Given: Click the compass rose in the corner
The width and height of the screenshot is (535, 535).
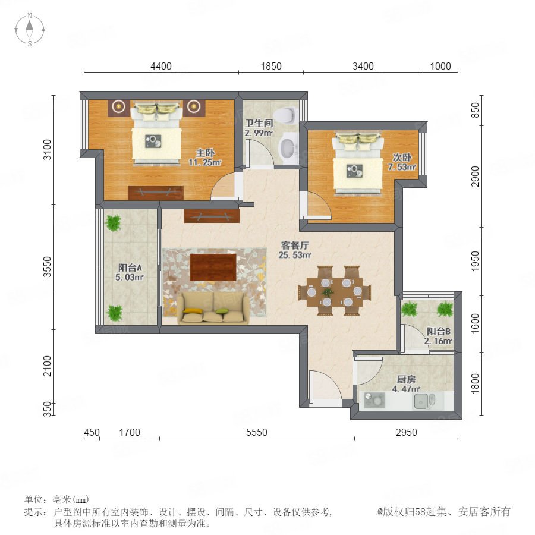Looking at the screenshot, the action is [x=30, y=29].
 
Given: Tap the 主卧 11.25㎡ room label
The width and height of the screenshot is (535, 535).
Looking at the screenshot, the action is [x=205, y=158].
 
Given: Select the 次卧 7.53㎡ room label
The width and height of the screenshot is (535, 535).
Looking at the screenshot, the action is [x=402, y=162].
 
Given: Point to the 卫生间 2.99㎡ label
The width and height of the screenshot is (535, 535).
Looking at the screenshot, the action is [x=259, y=128].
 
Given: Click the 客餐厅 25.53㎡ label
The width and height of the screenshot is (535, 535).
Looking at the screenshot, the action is [x=295, y=250].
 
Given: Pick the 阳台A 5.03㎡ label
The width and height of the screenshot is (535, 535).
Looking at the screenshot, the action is [x=130, y=272].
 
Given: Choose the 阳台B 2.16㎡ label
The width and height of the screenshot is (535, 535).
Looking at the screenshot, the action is [x=439, y=336].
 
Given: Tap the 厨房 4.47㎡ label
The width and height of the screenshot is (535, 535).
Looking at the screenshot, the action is [x=406, y=384].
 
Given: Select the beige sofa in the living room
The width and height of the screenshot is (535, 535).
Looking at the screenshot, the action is [x=213, y=308].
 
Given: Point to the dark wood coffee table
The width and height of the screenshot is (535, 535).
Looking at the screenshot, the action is [x=213, y=267].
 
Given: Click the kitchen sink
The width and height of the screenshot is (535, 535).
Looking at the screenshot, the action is [x=424, y=401].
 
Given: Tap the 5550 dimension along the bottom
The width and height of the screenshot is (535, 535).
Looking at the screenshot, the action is [x=257, y=432].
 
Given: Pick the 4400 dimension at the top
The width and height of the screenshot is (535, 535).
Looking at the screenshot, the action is [x=161, y=66].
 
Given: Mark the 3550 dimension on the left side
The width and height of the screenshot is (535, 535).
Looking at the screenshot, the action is [x=47, y=267].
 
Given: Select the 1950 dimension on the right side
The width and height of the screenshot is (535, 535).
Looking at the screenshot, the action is [x=475, y=262].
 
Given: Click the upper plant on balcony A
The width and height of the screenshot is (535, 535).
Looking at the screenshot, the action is [x=114, y=223].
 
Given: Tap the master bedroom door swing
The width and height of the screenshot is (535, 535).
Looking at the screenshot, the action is [x=223, y=185].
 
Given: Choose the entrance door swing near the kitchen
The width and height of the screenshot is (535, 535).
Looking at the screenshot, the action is [x=325, y=386].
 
